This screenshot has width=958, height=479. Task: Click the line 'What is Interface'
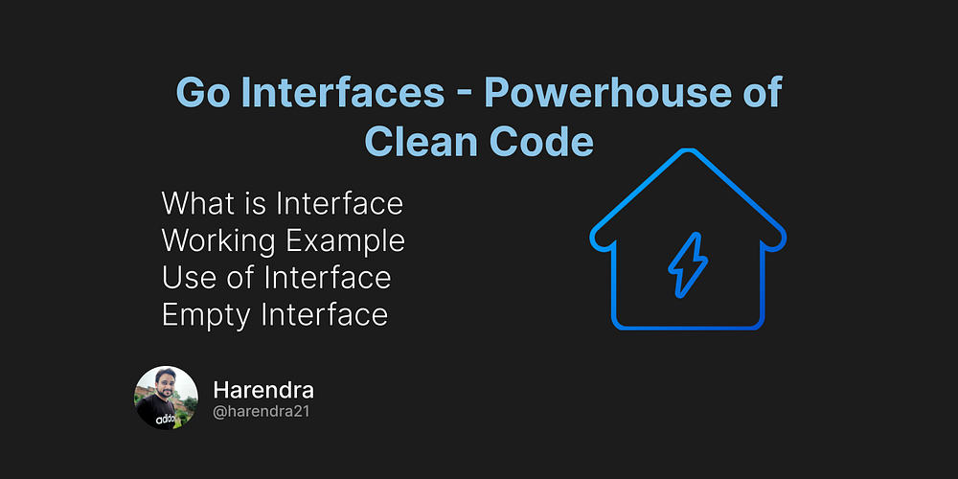283,203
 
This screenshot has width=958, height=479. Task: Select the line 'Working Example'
284,240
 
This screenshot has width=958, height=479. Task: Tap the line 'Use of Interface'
277,278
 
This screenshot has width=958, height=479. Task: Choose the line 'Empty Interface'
275,314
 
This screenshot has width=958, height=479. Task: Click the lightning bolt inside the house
687,264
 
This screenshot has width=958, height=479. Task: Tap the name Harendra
263,390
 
